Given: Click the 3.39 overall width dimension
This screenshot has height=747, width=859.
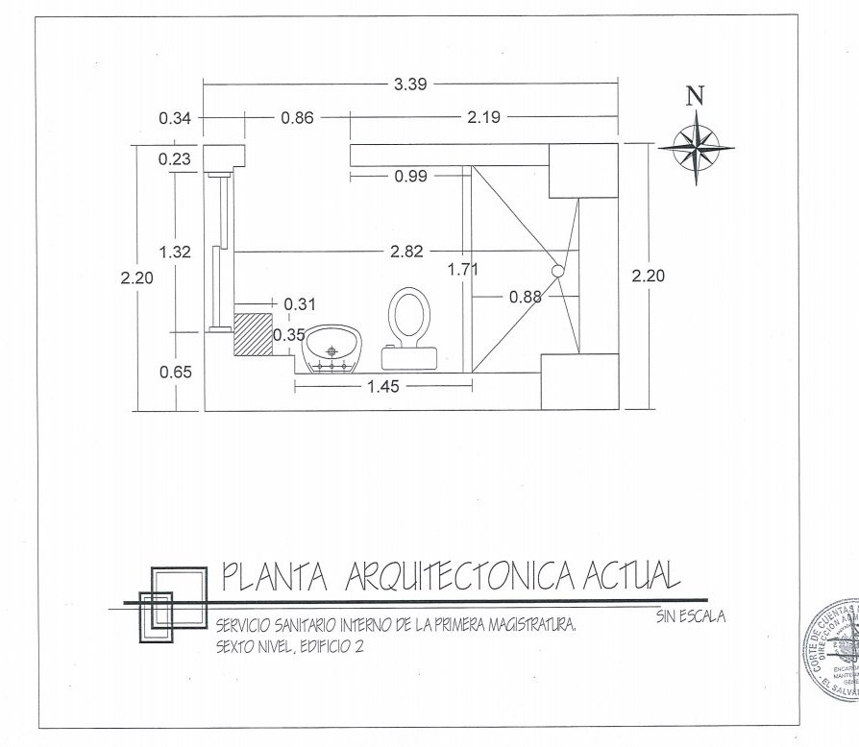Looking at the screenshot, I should (410, 84).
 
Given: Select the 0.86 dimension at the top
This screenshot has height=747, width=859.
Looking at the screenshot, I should (297, 118).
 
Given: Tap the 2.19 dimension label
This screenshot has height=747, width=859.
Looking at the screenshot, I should (482, 118).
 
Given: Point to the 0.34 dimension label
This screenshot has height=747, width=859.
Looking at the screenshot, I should (176, 118).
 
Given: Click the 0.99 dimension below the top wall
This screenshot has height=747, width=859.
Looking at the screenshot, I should (410, 176).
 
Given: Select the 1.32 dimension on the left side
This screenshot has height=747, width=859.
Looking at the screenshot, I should (176, 252).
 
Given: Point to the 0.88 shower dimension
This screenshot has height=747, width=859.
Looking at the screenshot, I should (526, 297).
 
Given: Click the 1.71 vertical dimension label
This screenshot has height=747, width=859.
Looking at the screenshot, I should (463, 270).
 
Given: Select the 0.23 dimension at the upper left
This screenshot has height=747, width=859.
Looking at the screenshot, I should (176, 158).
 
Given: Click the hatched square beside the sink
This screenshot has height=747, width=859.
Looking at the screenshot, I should (253, 333).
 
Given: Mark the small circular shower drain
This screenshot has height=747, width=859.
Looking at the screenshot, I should (556, 273).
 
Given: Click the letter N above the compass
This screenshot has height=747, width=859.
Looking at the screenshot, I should (696, 95).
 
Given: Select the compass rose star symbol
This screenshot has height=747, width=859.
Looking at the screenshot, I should (697, 147).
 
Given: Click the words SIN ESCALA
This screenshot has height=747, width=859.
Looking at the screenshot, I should (691, 616).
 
